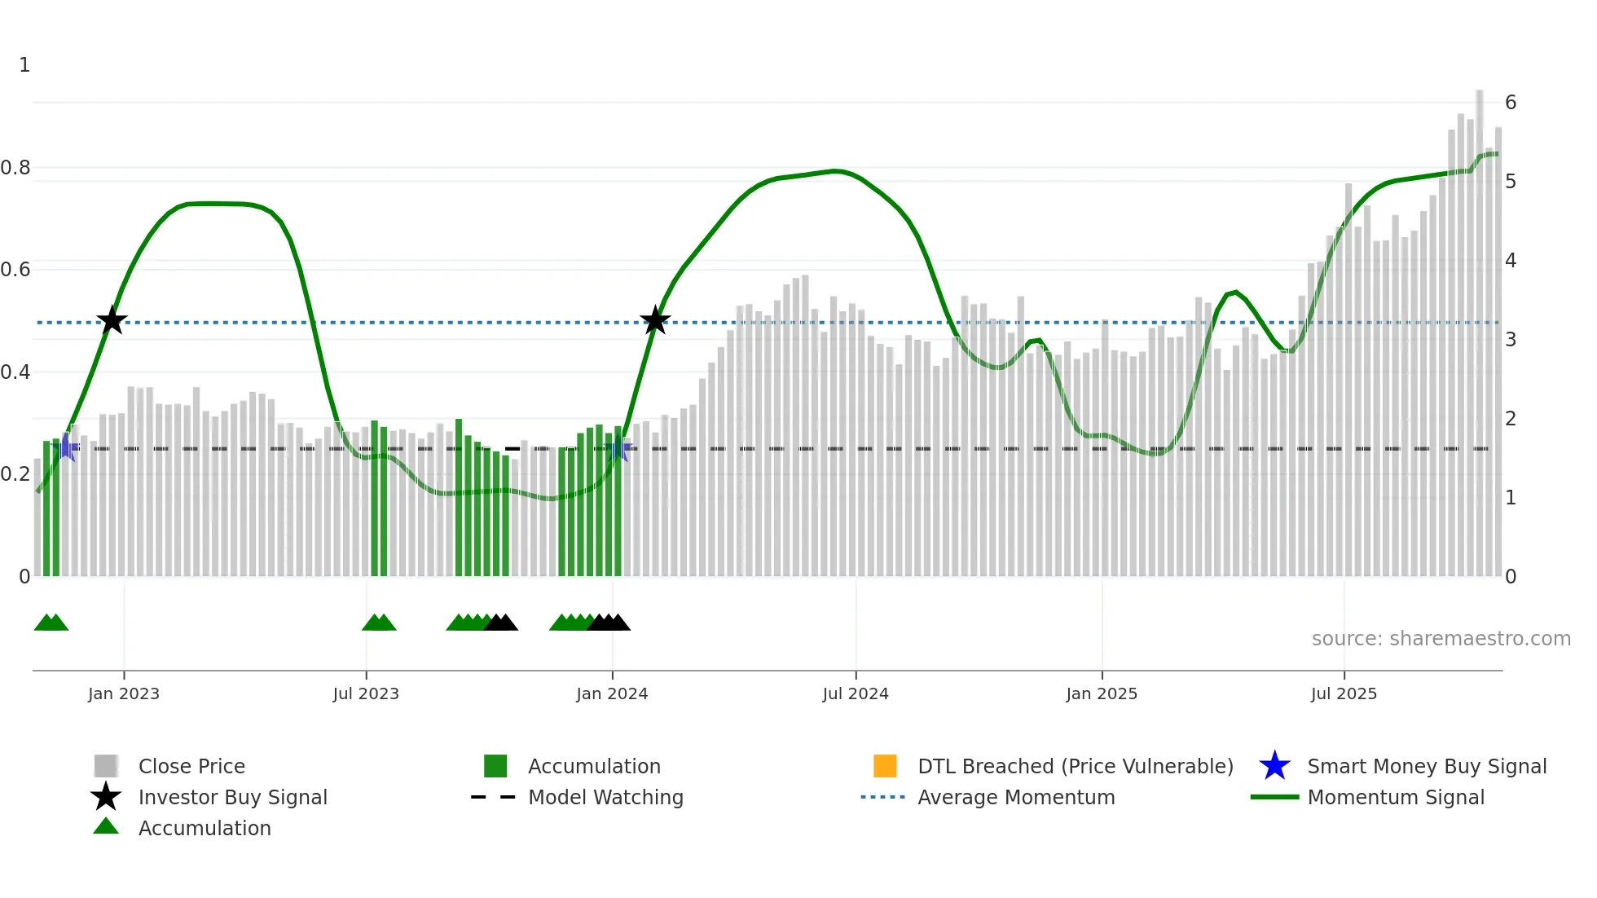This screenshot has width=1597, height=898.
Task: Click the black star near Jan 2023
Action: pos(112,320)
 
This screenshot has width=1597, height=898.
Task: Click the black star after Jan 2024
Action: pos(655,320)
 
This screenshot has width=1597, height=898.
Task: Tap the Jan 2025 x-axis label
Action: pos(1102,693)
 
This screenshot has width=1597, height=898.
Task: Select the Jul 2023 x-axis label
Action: pos(366,693)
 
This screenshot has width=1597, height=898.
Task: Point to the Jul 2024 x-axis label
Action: pos(856,693)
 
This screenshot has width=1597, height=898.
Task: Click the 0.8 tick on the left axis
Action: pos(15,168)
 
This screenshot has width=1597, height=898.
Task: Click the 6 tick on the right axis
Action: pos(1511,103)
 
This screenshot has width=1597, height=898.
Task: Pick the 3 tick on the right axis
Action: pos(1511,340)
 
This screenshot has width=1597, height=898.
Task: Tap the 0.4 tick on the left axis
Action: pos(15,372)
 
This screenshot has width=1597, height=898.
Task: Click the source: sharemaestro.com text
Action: pos(1441,638)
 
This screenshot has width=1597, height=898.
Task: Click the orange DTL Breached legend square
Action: pos(885,766)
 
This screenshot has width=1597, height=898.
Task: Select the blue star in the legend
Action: pos(1274,766)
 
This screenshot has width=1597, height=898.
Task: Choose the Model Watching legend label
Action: pos(605,797)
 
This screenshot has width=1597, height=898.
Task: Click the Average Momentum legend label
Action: pos(1016,797)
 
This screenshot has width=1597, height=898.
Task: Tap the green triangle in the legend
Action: pos(106,827)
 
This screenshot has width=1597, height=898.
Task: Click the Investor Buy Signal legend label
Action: pos(232,797)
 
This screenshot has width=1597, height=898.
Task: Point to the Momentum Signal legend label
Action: pos(1396,797)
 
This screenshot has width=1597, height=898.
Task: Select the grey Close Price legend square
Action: pos(106,766)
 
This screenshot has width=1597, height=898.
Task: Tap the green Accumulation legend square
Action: pos(495,766)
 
